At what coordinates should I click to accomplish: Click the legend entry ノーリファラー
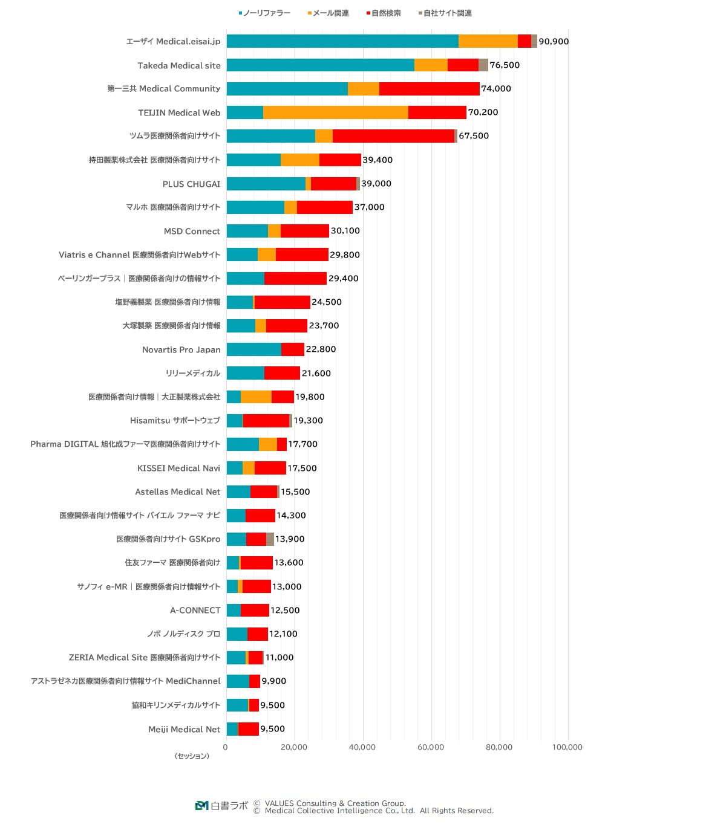coord(265,13)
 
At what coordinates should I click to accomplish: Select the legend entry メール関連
coord(328,13)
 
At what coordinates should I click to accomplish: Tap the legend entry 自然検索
coord(384,13)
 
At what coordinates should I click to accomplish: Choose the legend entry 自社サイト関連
coord(446,13)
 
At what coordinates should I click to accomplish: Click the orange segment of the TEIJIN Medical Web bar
coord(335,112)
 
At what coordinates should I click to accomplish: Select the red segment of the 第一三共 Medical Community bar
coord(429,89)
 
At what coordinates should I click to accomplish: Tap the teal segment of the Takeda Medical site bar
coord(320,65)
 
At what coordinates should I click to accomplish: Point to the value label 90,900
coord(554,42)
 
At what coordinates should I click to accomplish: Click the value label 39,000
coord(376,184)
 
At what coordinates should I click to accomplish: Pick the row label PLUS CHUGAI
coord(191,184)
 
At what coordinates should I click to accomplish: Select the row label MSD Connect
coord(192,232)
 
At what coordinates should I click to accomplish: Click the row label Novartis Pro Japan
coord(181,350)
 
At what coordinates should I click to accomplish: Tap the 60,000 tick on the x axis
coord(431,748)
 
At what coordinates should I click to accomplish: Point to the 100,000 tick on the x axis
coord(567,748)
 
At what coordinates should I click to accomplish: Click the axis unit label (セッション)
coord(192,756)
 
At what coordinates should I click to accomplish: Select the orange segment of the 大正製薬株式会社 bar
coord(256,397)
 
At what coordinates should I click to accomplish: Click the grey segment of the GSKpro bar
coord(270,539)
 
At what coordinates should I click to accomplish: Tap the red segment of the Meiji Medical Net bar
coord(249,729)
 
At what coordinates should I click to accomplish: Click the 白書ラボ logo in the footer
coord(222,806)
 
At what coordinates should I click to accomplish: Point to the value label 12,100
coord(283,634)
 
